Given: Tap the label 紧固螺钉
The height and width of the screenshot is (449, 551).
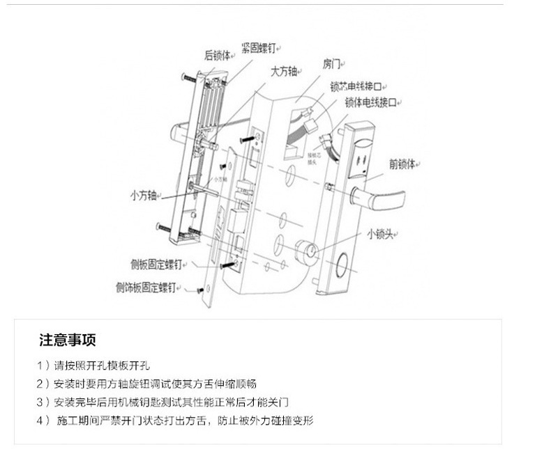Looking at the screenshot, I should pos(257,47).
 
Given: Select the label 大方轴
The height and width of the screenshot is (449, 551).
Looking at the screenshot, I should pos(285,71).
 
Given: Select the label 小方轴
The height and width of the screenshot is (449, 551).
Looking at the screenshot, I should pos(144,194).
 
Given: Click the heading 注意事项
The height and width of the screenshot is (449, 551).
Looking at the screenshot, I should pos(67,340).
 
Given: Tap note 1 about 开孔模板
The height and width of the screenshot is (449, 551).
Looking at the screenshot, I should pos(93,365).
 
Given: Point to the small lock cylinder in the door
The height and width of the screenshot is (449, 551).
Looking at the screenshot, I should pos(305,251).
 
